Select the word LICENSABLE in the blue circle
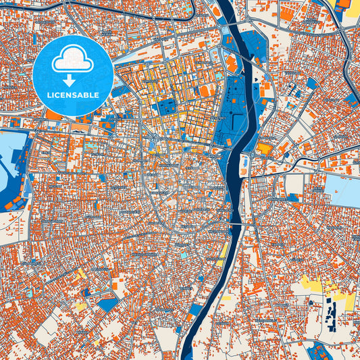tap(73, 95)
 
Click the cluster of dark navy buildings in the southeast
tap(330, 313)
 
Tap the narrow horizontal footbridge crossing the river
tap(236, 224)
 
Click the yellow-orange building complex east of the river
tap(265, 148)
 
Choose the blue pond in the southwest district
tap(107, 304)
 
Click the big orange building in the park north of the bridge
tap(231, 64)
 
